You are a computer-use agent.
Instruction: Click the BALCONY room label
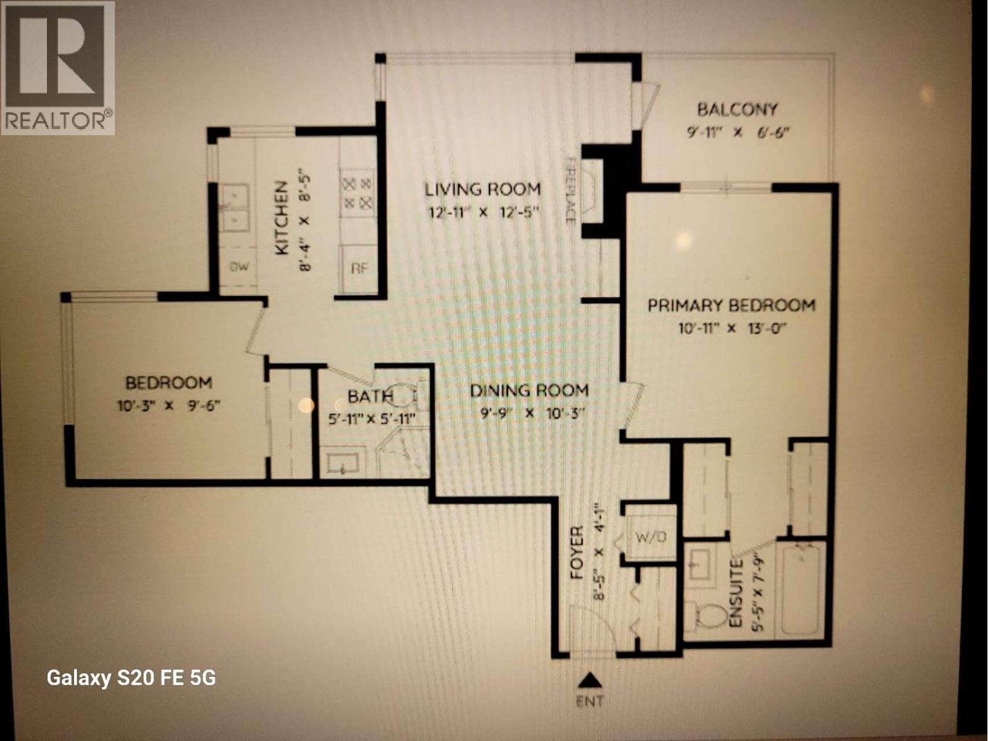point(737,110)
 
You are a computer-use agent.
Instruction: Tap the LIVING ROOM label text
point(482,189)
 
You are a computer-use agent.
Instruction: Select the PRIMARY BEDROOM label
point(731,305)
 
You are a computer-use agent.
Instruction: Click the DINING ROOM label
point(529,390)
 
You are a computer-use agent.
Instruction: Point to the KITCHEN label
point(282,218)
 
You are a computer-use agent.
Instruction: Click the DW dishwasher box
point(240,267)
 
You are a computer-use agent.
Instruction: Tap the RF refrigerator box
point(359,268)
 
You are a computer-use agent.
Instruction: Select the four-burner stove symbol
point(358,193)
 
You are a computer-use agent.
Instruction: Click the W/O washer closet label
point(651,537)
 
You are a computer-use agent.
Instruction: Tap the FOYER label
point(577,553)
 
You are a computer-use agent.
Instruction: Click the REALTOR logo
point(57,68)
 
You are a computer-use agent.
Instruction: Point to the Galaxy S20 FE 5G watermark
point(132,678)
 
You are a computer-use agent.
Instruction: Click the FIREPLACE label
point(571,189)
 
